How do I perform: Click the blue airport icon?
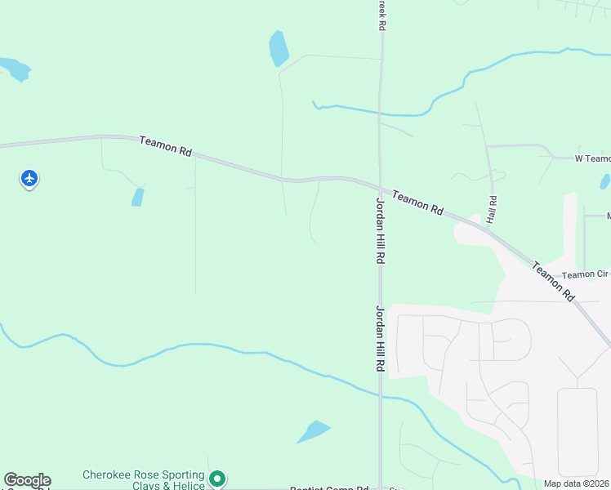(29, 177)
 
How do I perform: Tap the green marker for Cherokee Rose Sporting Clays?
(216, 478)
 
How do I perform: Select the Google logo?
(27, 480)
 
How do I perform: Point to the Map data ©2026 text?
(575, 483)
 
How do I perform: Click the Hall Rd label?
(493, 211)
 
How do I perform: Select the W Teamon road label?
(592, 158)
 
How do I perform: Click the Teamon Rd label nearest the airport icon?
(165, 146)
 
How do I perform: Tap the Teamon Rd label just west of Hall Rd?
(417, 203)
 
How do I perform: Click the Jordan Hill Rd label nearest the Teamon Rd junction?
(380, 229)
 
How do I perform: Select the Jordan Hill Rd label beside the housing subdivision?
(380, 339)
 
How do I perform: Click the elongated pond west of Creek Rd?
(279, 49)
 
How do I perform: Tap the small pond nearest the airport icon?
(138, 197)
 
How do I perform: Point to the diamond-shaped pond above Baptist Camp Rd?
(313, 431)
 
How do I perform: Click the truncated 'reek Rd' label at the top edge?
(381, 15)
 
